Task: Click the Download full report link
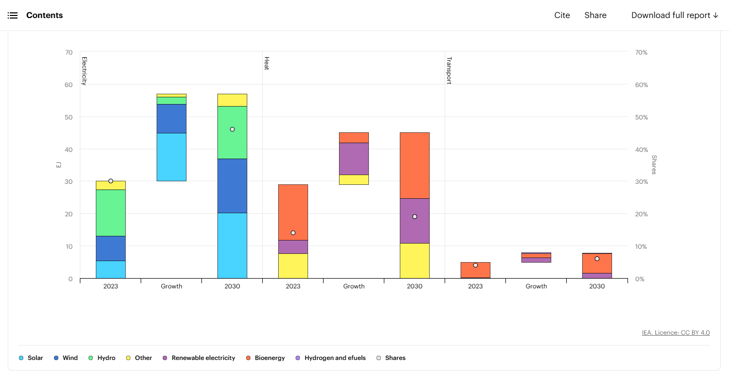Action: coord(674,15)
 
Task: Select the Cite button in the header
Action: coord(562,15)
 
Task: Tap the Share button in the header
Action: coord(595,15)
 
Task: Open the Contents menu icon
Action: coord(13,15)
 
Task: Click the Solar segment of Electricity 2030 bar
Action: coord(232,245)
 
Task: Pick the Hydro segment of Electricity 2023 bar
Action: coord(111,213)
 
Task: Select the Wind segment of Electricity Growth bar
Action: coord(172,118)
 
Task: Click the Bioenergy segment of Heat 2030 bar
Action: coord(415,165)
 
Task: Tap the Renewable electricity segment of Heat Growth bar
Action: coord(354,159)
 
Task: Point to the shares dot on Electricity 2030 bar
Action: coord(232,129)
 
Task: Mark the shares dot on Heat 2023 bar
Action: coord(293,233)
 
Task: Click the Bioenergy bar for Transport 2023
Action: coord(476,270)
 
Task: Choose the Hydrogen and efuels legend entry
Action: coord(335,358)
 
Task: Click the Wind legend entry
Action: coord(70,358)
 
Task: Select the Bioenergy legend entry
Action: coord(269,358)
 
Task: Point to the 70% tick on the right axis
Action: coord(641,53)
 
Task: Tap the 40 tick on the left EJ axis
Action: coord(69,149)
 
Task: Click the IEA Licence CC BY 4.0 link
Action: coord(675,333)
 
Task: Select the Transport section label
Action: coord(449,70)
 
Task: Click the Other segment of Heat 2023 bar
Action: coord(293,266)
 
